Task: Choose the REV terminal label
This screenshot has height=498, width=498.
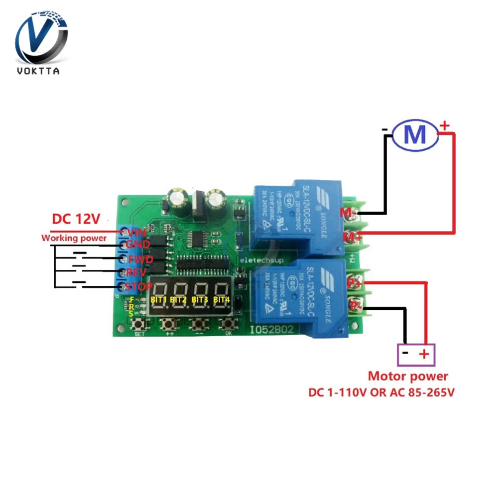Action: (136, 273)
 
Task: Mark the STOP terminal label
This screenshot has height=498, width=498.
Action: (138, 287)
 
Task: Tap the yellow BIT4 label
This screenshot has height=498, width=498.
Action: (222, 300)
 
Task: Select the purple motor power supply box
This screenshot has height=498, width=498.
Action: (416, 354)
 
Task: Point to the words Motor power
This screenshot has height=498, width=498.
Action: (408, 376)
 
